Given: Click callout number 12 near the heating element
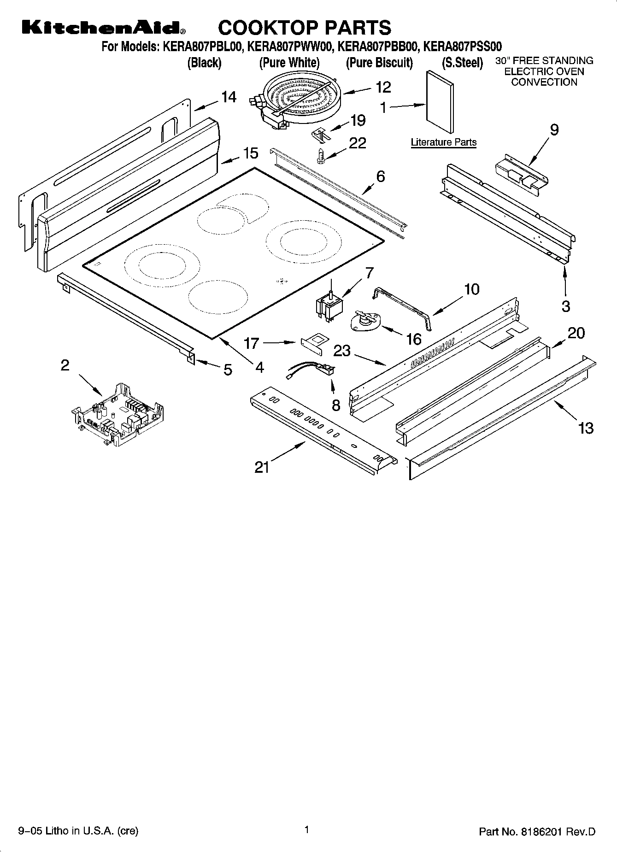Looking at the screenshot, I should click(x=383, y=87).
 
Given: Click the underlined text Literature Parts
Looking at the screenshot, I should click(x=443, y=142).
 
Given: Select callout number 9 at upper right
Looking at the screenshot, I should click(x=554, y=129).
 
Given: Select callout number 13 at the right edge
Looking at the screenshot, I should click(x=586, y=428).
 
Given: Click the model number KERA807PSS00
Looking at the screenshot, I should click(x=462, y=47).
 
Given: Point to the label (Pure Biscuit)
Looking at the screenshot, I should click(x=379, y=63).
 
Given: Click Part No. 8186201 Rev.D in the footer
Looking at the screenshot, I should click(x=537, y=832).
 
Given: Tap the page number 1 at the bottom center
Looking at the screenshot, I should click(x=306, y=830).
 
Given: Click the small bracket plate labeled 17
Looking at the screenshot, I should click(x=314, y=344).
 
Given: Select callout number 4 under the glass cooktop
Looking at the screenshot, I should click(x=259, y=367).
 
